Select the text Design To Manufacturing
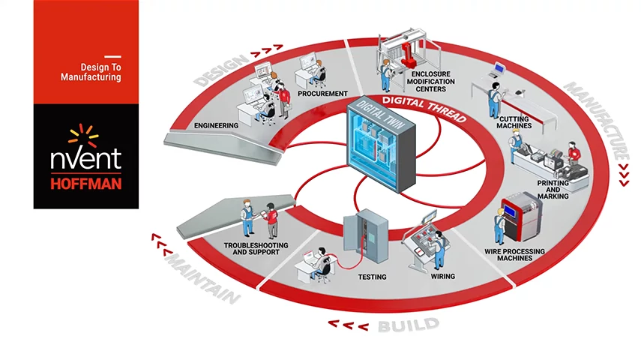(91, 71)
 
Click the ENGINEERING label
(216, 125)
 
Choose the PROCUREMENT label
(322, 94)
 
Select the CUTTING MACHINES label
(514, 121)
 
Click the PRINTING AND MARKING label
(553, 189)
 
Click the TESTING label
(372, 277)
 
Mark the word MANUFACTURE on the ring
(595, 120)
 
